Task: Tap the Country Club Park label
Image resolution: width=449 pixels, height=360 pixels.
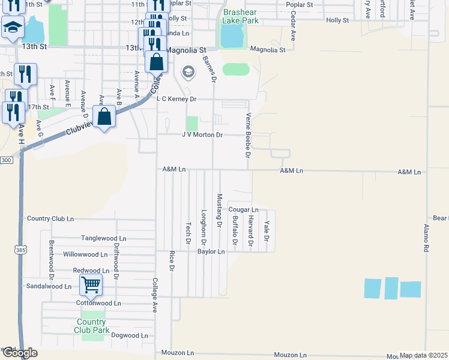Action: [92, 326]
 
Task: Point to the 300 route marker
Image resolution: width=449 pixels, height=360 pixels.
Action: [6, 160]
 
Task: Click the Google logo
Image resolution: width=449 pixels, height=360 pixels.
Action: [19, 353]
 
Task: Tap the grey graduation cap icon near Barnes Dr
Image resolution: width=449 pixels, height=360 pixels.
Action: [188, 73]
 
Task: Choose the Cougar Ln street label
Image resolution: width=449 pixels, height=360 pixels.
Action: [243, 209]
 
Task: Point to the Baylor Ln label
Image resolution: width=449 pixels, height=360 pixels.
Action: [211, 251]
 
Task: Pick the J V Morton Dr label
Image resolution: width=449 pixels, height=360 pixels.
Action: [202, 135]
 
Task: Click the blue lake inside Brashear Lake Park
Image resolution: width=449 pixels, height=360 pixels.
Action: [231, 37]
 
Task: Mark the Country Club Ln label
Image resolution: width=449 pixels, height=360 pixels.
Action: [50, 219]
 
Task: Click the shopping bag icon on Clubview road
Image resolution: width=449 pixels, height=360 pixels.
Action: [104, 117]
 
